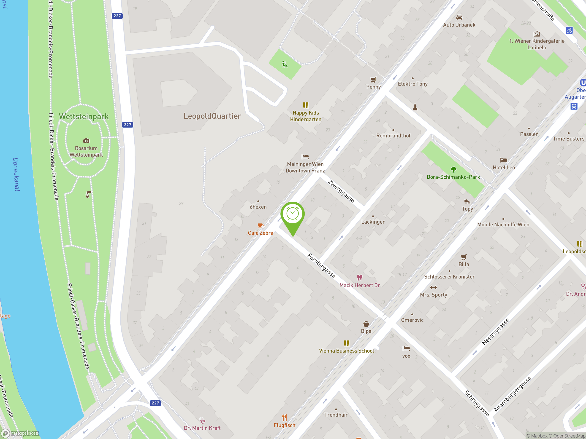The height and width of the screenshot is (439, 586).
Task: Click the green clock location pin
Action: tap(293, 214)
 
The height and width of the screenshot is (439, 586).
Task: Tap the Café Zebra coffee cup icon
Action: tap(260, 225)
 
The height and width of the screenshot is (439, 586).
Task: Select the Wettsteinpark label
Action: tap(84, 116)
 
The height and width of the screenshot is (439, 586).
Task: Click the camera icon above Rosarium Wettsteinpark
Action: tap(86, 141)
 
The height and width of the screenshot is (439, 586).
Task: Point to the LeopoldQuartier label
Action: tap(212, 116)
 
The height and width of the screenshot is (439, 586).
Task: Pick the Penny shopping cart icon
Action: tap(373, 79)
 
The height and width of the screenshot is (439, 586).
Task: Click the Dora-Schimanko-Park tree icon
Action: tap(453, 169)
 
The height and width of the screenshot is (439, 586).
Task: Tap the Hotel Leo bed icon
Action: tap(504, 160)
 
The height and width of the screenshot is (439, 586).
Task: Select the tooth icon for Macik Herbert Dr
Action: tap(359, 278)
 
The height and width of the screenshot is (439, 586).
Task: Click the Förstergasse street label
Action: tap(321, 265)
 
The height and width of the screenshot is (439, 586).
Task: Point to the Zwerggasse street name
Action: tap(341, 191)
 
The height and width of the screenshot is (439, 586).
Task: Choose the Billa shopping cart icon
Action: tap(464, 257)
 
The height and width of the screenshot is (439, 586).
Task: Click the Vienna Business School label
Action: tap(346, 351)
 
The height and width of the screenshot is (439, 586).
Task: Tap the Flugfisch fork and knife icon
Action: tap(284, 418)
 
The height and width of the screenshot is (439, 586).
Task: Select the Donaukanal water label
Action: tap(16, 174)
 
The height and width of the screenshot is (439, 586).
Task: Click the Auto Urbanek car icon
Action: tap(459, 17)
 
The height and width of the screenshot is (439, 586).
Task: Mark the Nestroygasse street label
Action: tap(495, 332)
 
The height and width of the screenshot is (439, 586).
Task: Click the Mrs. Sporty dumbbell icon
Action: tap(433, 287)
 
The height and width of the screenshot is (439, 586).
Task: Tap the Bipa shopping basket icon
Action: tap(366, 324)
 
